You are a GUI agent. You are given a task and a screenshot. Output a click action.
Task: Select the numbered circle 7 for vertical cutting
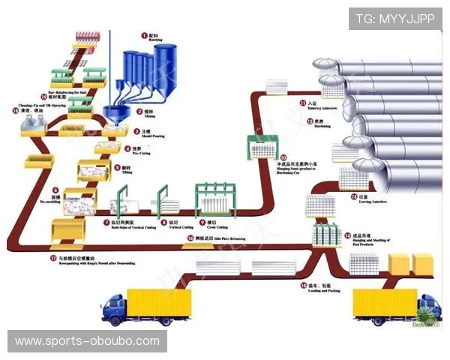(105, 223)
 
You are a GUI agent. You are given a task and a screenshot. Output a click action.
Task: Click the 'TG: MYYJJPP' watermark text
(395, 19)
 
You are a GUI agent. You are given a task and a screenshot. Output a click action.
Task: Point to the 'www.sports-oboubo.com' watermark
(87, 342)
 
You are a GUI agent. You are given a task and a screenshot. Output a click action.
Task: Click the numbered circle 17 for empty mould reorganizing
(52, 258)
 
